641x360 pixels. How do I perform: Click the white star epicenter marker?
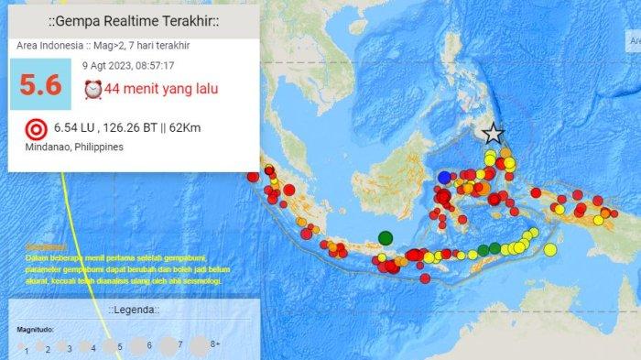493,134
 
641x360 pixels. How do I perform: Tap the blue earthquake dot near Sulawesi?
444,177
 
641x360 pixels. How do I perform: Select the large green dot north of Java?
386,238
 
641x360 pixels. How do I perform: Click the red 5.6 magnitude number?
40,85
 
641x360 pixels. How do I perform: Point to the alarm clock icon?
92,89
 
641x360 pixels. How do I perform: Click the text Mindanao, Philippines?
70,147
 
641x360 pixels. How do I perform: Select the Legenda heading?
134,311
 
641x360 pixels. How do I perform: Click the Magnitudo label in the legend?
36,328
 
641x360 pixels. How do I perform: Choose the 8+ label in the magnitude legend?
215,344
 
